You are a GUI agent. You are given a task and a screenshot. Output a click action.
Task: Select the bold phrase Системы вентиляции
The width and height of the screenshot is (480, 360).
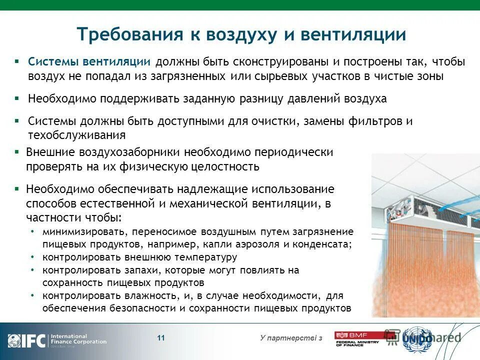point(89,62)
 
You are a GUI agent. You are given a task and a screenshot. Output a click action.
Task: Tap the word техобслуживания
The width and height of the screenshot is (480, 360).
point(76,135)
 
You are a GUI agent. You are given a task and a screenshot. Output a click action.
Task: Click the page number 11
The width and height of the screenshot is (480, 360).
point(161,338)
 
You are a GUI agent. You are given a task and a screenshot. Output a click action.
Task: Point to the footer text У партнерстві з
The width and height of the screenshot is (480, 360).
point(291,339)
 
